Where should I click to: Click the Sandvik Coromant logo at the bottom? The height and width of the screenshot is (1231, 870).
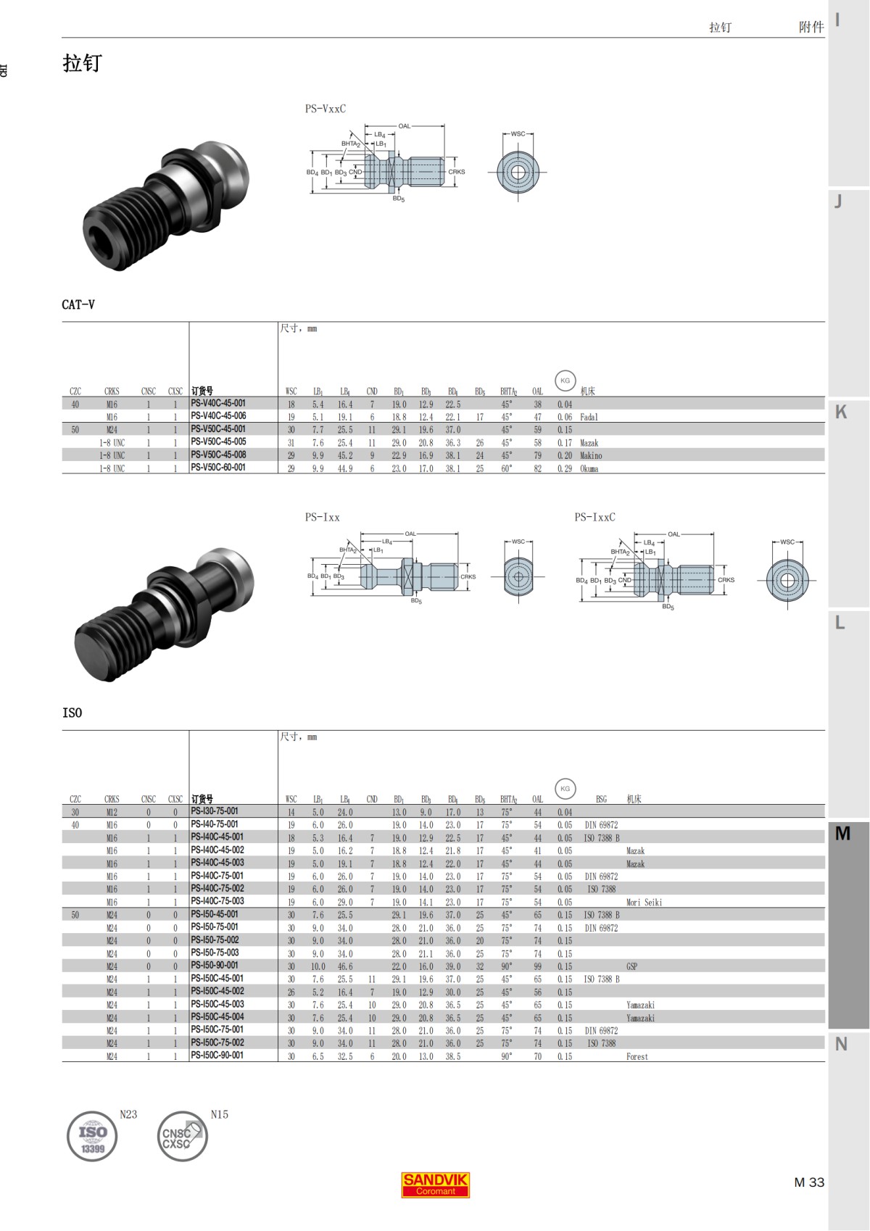[435, 1185]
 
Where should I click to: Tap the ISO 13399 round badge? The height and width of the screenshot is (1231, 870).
[92, 1136]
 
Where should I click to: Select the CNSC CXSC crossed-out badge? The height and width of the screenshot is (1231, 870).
[182, 1136]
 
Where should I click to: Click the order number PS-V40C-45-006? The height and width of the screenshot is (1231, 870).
[218, 416]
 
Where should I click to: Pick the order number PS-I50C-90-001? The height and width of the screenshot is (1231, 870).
[217, 1056]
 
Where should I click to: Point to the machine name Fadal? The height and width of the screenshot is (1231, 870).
[589, 418]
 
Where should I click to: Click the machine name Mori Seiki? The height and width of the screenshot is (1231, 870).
[644, 903]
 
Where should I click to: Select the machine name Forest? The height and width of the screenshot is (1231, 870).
[637, 1057]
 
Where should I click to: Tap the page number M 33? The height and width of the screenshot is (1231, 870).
[809, 1182]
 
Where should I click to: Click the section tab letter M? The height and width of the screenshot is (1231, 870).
[842, 834]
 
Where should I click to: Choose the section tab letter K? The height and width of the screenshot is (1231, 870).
[841, 412]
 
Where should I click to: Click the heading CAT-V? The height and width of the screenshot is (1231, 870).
[78, 304]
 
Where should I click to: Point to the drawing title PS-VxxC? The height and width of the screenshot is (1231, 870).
[325, 109]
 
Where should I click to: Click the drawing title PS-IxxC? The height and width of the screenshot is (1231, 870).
[594, 517]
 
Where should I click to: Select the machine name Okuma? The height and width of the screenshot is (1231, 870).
[589, 469]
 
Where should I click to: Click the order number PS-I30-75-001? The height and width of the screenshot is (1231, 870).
[215, 811]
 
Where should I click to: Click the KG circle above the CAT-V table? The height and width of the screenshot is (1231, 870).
[565, 381]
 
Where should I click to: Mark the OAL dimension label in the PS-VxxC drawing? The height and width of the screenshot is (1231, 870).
[404, 126]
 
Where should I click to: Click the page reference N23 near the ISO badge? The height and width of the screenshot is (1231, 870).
[128, 1114]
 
